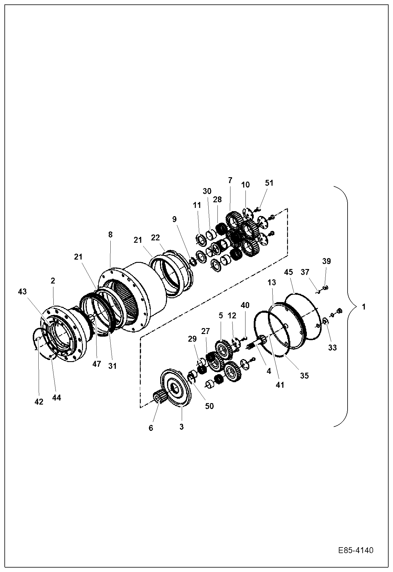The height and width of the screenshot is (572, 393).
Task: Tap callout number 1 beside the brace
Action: pyautogui.click(x=364, y=307)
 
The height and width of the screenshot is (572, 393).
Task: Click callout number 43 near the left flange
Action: pyautogui.click(x=22, y=291)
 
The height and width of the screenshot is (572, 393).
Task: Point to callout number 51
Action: pyautogui.click(x=269, y=183)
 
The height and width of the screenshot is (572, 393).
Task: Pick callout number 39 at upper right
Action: pyautogui.click(x=327, y=261)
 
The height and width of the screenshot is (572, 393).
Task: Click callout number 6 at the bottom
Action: pyautogui.click(x=151, y=428)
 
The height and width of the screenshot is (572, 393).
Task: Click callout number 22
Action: pyautogui.click(x=155, y=237)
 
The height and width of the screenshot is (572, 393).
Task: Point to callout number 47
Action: pyautogui.click(x=96, y=364)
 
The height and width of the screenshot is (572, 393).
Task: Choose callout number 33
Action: pyautogui.click(x=332, y=348)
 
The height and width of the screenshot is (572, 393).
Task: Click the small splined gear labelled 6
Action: pyautogui.click(x=159, y=396)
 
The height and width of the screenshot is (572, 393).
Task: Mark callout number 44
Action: pyautogui.click(x=56, y=397)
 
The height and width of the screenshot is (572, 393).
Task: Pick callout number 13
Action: pyautogui.click(x=272, y=282)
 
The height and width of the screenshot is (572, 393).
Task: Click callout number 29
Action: pyautogui.click(x=192, y=339)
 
